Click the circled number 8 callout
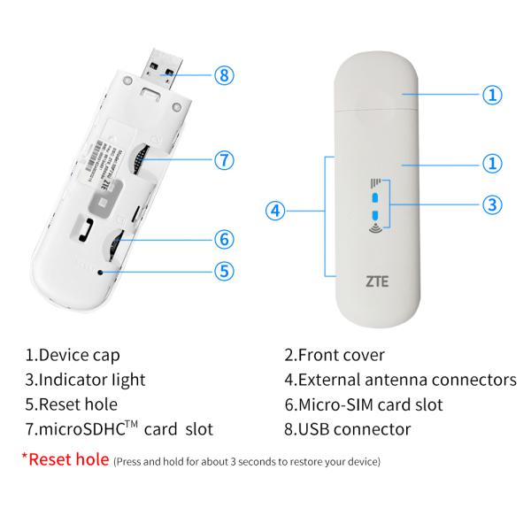225,74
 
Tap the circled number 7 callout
225,160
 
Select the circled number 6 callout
225,238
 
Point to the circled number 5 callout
225,271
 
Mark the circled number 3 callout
493,204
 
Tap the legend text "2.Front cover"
335,356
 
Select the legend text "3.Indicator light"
85,381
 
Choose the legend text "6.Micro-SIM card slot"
364,405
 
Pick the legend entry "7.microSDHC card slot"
119,430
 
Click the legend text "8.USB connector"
348,430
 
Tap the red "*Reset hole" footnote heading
65,459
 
